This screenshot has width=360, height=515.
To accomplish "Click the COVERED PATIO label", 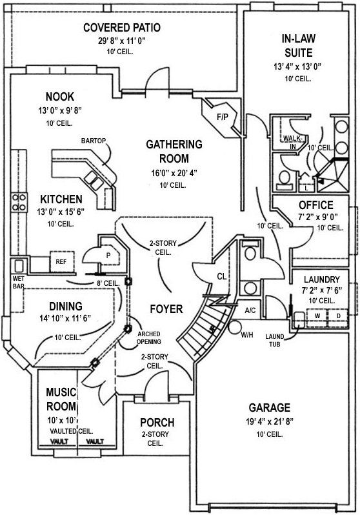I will [x=121, y=28].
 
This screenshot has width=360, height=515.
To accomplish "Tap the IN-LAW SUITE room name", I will [x=298, y=45].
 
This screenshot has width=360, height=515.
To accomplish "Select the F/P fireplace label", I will [x=223, y=117].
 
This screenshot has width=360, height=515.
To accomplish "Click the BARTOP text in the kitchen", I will [x=93, y=140].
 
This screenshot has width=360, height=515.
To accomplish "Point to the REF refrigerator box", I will [x=61, y=262].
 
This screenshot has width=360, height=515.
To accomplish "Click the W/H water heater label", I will [x=246, y=335].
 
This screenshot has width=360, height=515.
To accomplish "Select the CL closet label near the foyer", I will [x=221, y=277].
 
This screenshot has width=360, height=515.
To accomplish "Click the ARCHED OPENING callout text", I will [x=148, y=338].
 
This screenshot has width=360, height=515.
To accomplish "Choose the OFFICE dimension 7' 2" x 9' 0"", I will [x=316, y=217].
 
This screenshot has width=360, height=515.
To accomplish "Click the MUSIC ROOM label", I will [x=61, y=399].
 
